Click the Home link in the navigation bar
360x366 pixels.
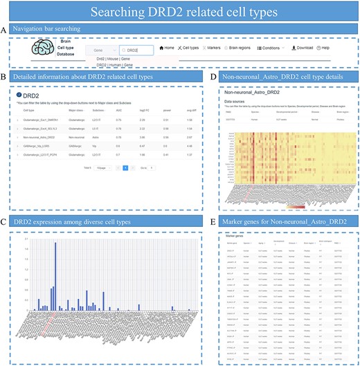click(x=166, y=48)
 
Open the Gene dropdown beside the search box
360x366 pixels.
click(x=101, y=51)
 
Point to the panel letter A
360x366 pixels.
click(x=5, y=29)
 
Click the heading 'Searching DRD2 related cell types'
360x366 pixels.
click(x=179, y=12)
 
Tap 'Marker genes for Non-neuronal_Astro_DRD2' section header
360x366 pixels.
click(x=276, y=221)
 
